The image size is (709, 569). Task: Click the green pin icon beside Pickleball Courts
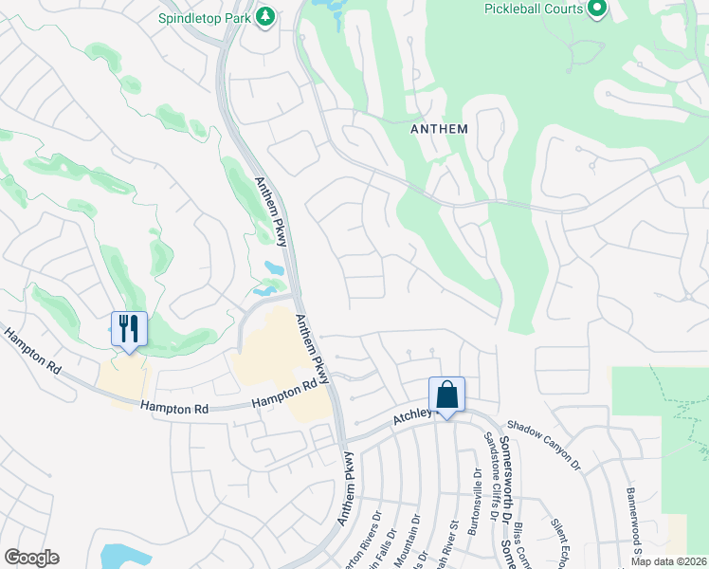tap(596, 9)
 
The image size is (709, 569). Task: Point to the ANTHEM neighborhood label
tap(440, 127)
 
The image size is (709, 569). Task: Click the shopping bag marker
tap(446, 395)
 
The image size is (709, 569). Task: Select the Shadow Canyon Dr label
tap(542, 444)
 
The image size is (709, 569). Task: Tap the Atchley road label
tap(412, 416)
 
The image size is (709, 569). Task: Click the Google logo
tap(31, 558)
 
